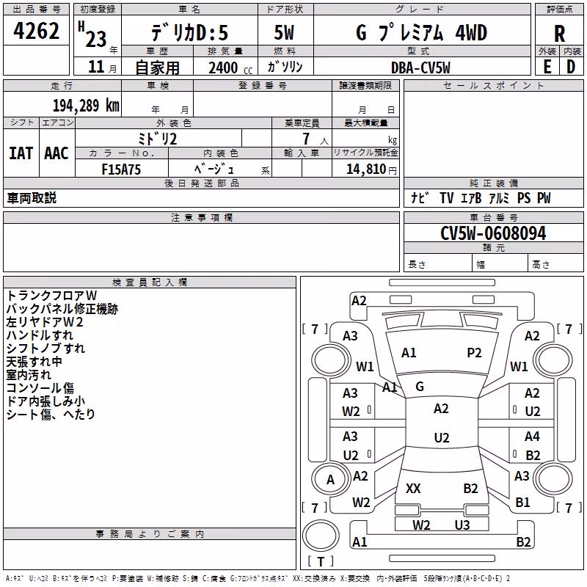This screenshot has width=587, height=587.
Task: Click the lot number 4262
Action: (36, 31)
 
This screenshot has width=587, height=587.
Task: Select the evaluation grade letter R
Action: (559, 34)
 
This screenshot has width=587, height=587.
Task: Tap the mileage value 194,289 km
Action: (86, 105)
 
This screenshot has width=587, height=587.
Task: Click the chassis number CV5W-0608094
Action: (493, 233)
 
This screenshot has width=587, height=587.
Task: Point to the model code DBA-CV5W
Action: (420, 68)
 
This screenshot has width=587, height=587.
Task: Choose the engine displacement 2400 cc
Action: (230, 68)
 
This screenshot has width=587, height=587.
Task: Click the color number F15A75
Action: (121, 169)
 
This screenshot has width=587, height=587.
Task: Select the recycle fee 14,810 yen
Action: (371, 169)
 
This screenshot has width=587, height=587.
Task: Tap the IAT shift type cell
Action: (21, 153)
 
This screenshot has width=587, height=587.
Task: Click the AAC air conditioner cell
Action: (56, 153)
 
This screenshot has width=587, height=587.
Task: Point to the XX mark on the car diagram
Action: (413, 488)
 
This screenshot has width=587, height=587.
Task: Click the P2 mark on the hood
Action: (474, 353)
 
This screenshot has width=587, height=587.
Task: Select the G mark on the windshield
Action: (420, 387)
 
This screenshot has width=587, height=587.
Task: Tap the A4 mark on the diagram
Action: (532, 436)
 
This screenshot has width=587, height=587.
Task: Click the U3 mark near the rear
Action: (462, 525)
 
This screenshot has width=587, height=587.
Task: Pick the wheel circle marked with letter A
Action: (330, 479)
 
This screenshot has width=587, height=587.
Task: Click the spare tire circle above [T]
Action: (321, 536)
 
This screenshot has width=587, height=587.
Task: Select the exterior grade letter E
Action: (547, 67)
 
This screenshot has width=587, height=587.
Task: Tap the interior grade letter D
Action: (571, 67)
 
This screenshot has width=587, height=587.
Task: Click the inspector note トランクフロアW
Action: (51, 296)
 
